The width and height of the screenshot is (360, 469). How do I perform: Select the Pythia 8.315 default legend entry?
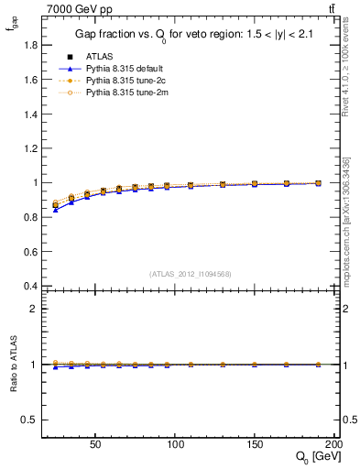(118, 68)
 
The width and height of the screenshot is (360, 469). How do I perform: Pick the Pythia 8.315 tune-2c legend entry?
(119, 80)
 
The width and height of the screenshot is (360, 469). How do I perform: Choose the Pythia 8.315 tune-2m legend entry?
(120, 93)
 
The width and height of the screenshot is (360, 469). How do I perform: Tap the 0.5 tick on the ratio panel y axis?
(26, 420)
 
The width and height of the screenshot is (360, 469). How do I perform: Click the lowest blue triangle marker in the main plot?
(55, 210)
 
